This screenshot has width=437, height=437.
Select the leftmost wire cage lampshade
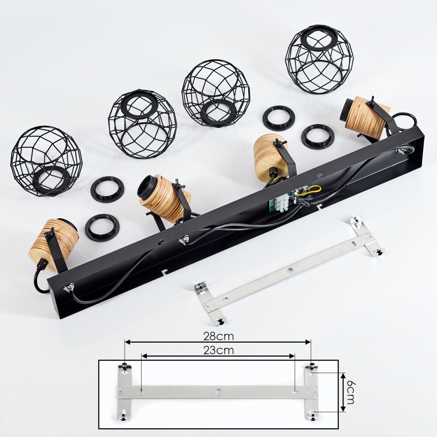coord(46,161)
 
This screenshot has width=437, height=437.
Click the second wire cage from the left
coord(142,124)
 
